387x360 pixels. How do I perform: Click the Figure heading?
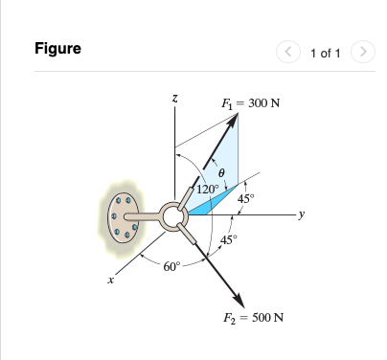coord(57,49)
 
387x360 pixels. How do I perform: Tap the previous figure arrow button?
coord(288,52)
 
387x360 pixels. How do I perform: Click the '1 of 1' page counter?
coord(326,53)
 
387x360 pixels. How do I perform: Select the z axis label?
coord(174,99)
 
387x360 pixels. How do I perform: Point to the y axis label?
coord(302,214)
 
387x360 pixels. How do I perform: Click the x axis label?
coord(110,281)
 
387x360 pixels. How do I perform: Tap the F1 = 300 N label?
coord(251,103)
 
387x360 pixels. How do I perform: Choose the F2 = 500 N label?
coord(253,318)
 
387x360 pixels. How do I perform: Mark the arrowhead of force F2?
coord(239,300)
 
